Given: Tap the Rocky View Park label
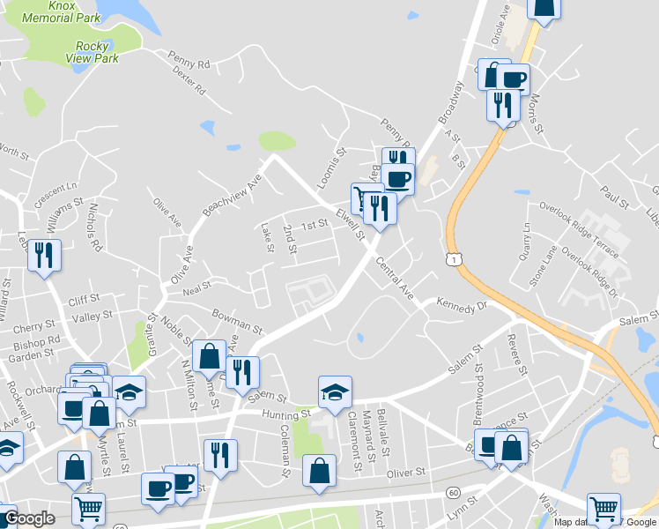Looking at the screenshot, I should (x=92, y=52).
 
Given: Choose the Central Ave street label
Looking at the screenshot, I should (x=394, y=278).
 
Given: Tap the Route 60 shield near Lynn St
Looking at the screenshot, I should (x=453, y=491).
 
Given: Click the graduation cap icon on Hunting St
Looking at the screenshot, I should (x=335, y=392).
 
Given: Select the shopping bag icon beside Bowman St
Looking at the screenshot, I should (x=209, y=356).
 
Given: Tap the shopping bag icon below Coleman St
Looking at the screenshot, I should (x=318, y=470).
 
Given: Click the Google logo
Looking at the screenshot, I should (x=28, y=518).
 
